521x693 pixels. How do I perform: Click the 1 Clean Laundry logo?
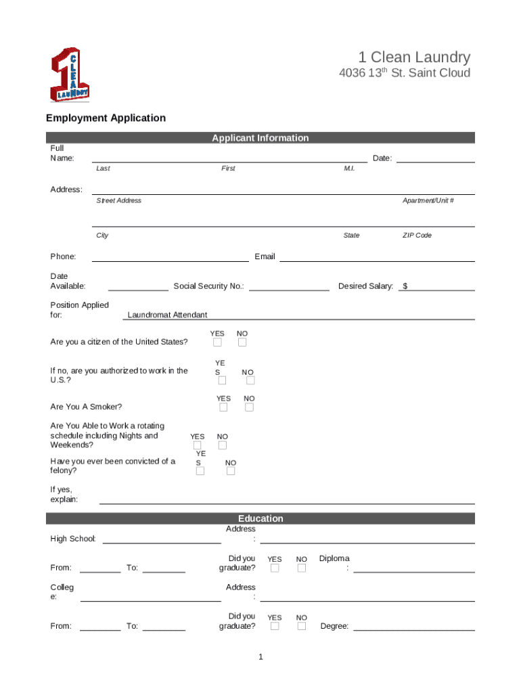(x=70, y=74)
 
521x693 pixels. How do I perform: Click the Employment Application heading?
(x=106, y=118)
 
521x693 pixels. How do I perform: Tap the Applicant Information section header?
(x=260, y=138)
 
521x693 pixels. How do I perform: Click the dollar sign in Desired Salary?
(x=405, y=286)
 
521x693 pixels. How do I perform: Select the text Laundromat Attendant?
(x=167, y=315)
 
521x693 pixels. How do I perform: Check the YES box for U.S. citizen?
(x=217, y=342)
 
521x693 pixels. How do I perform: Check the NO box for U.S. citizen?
(x=242, y=342)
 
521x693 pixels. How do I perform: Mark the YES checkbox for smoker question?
(x=223, y=407)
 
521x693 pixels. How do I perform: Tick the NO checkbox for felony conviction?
(x=231, y=471)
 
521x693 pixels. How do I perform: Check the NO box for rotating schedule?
(x=223, y=445)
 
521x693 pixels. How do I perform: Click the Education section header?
(x=260, y=518)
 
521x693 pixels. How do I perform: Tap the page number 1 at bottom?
(x=260, y=657)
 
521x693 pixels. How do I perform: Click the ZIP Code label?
(x=417, y=236)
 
